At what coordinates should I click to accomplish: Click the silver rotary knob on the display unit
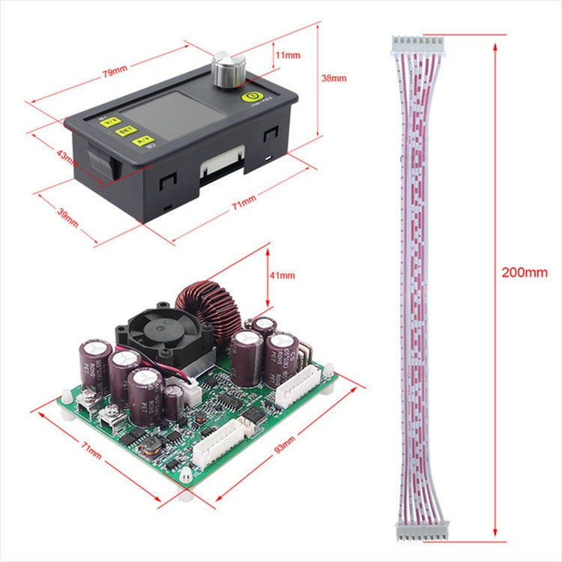(x=224, y=69)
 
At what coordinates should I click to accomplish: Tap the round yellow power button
(x=250, y=96)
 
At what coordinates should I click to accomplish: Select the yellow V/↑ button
(x=110, y=121)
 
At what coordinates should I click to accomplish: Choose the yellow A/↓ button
(x=141, y=139)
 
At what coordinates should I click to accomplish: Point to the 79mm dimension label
(x=114, y=72)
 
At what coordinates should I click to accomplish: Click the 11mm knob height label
(x=287, y=55)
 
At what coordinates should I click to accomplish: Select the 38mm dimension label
(x=333, y=77)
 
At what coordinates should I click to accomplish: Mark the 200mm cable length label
(x=525, y=273)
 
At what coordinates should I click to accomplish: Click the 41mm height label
(x=282, y=276)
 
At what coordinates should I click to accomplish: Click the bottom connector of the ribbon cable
(x=422, y=531)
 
